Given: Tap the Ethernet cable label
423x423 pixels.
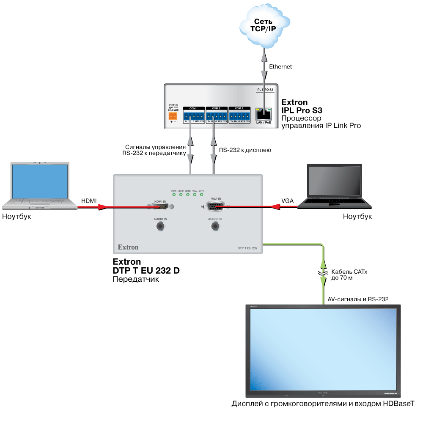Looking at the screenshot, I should click(280, 67).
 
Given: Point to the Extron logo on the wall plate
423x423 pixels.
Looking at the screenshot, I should click(128, 247).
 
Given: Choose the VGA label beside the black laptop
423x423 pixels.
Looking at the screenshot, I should click(288, 200).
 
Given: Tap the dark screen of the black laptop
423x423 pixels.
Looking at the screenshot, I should click(335, 181).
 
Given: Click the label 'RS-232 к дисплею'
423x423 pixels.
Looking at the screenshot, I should click(245, 150).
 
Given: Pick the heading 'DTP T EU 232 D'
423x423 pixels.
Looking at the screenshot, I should click(146, 271).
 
